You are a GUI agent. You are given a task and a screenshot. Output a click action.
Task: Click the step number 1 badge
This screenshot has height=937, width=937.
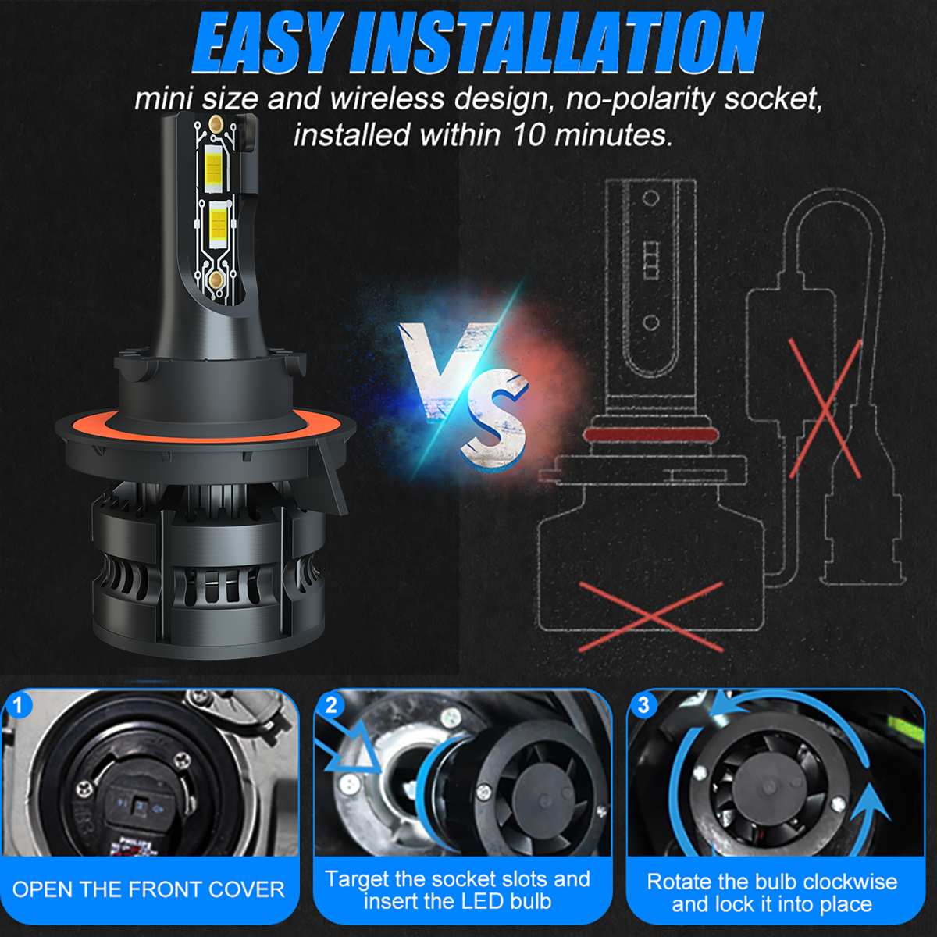[19, 706]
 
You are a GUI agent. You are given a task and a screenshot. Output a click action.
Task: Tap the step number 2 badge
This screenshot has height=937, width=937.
[331, 706]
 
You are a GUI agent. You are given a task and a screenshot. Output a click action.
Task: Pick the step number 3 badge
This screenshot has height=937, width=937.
[643, 706]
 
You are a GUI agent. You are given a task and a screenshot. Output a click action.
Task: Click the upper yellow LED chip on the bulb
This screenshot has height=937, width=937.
[213, 167]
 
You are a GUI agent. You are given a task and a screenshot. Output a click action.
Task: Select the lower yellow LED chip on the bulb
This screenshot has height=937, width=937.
[219, 226]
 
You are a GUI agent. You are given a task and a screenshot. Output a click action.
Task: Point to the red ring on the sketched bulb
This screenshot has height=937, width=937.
[651, 434]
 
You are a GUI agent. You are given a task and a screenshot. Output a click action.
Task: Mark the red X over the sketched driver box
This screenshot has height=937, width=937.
[825, 408]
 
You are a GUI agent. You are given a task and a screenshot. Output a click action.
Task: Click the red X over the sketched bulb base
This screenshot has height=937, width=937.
[651, 617]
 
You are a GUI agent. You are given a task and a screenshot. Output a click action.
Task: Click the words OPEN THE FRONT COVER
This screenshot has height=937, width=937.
[148, 889]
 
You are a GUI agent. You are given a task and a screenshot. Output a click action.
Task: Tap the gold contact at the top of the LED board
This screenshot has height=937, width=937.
[216, 124]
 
